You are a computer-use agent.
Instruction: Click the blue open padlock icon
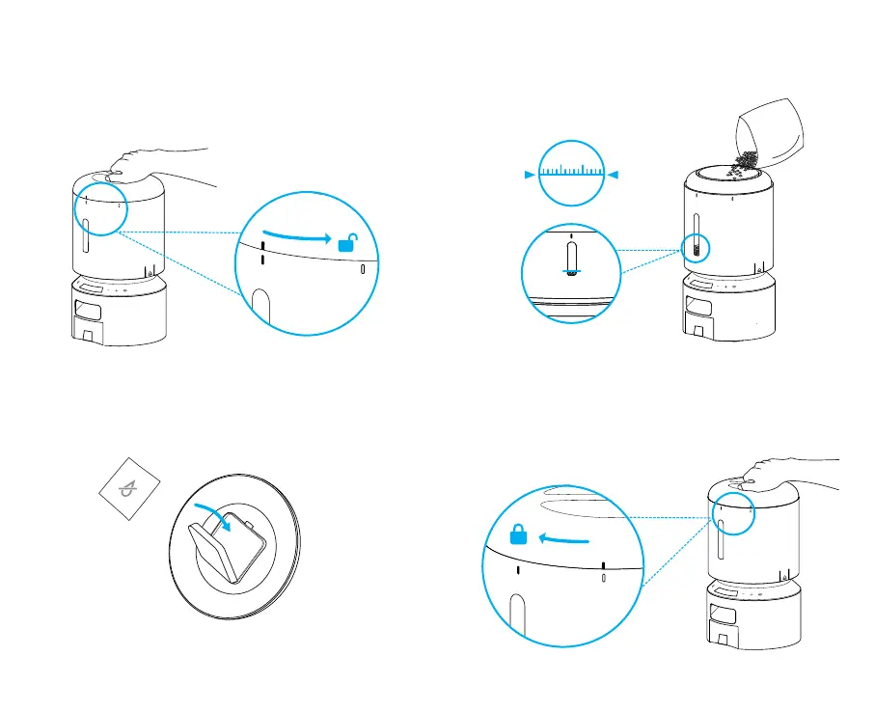pos(345,243)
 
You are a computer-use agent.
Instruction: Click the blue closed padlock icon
pos(518,536)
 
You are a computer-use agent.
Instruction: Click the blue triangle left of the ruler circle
pos(528,175)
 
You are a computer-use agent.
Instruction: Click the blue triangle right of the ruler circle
pos(615,175)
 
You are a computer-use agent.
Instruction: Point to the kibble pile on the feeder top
pos(744,163)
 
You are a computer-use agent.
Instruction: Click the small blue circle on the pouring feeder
pos(696,247)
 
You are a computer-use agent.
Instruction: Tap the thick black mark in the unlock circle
pos(262,253)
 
